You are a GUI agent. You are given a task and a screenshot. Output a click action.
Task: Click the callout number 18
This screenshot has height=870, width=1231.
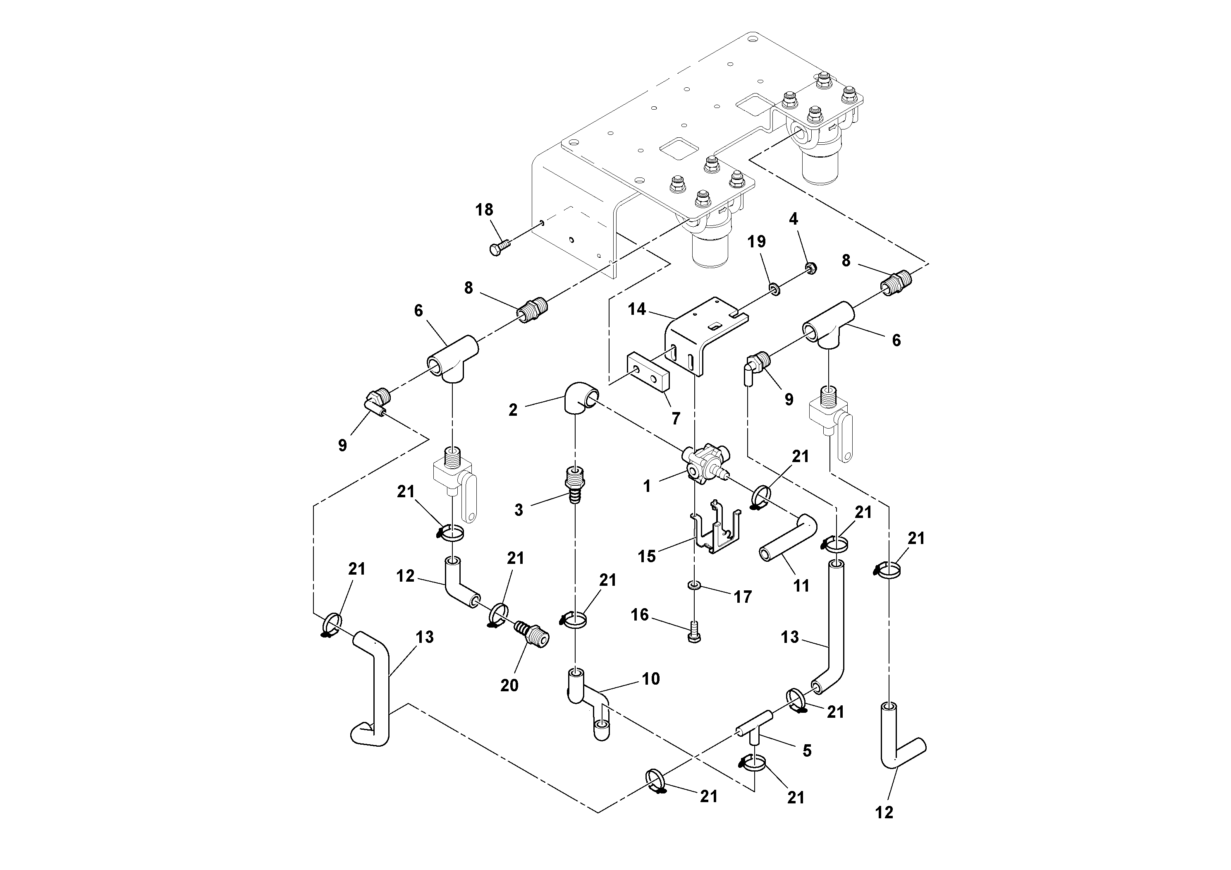pyautogui.click(x=484, y=210)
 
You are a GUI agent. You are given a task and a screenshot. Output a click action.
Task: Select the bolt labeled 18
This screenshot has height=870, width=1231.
pyautogui.click(x=124, y=248)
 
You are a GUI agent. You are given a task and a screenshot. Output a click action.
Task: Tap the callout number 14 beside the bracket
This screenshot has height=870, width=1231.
pyautogui.click(x=637, y=309)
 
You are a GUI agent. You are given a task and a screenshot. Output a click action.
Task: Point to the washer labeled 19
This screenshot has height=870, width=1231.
pyautogui.click(x=774, y=290)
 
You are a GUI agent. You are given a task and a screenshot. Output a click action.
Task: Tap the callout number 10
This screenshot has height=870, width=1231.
pyautogui.click(x=650, y=678)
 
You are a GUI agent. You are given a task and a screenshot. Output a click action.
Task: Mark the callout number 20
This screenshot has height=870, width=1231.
pyautogui.click(x=509, y=685)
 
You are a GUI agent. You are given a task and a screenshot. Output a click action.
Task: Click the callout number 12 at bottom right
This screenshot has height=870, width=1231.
pyautogui.click(x=884, y=812)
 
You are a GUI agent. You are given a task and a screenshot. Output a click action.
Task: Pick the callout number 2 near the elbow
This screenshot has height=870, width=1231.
pyautogui.click(x=513, y=410)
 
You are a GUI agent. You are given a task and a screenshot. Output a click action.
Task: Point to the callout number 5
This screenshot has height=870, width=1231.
pyautogui.click(x=807, y=751)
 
